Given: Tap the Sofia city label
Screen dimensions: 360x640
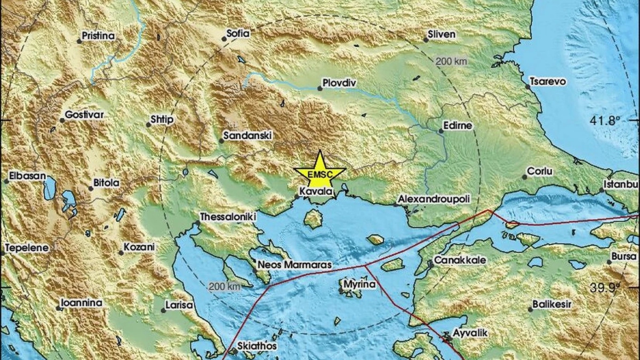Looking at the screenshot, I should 237,33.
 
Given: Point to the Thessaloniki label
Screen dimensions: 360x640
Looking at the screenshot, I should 228,217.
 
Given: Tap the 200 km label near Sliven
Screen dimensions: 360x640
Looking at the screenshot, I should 451,61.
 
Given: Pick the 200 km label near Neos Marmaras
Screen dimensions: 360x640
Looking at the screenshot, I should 224,287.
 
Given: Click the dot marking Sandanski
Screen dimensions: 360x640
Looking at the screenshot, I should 221,141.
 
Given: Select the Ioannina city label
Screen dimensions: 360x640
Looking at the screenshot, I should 81,303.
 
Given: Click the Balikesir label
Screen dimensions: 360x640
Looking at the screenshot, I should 553,305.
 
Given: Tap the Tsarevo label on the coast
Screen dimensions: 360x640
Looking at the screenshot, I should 548,82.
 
